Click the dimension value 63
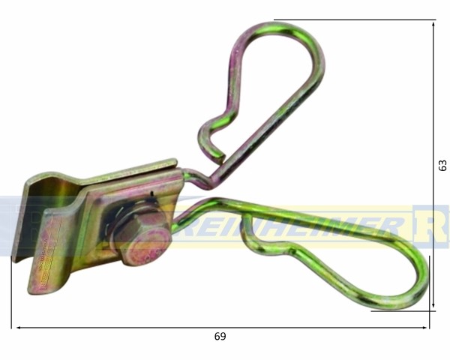pyautogui.click(x=442, y=165)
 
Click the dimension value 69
pyautogui.click(x=219, y=337)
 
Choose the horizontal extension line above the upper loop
pyautogui.click(x=352, y=20)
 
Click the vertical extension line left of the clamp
pyautogui.click(x=12, y=292)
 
